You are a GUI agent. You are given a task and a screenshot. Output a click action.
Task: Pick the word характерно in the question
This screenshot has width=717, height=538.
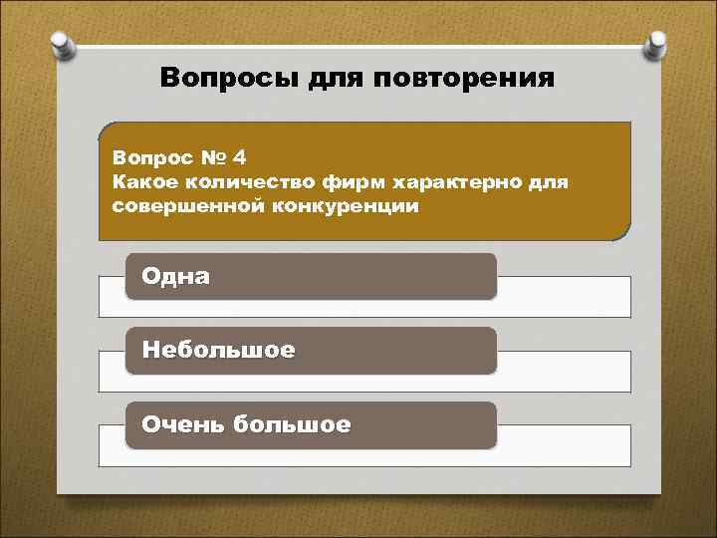(462, 182)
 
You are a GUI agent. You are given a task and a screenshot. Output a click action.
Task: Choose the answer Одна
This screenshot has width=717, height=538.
(175, 276)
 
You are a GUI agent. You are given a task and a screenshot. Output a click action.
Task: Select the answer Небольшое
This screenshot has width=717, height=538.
(218, 351)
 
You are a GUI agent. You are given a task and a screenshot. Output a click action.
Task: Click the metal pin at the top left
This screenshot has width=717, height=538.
(60, 43)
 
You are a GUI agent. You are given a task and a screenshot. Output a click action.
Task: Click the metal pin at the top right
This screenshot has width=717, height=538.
(657, 44)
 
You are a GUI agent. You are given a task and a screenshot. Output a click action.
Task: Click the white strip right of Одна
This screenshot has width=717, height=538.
(563, 296)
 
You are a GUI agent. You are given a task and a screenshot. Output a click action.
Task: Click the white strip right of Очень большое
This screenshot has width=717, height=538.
(563, 444)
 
